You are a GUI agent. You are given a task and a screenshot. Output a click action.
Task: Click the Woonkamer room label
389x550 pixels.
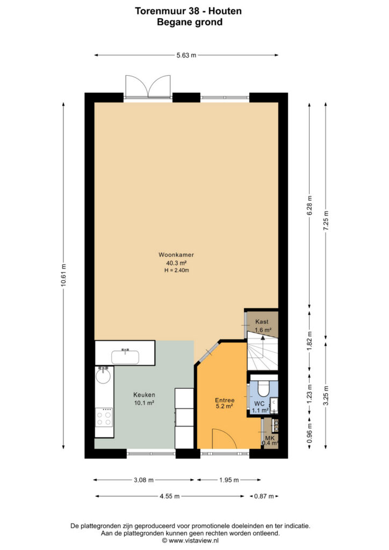176,255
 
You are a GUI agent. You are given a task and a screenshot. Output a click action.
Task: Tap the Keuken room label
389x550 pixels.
144,395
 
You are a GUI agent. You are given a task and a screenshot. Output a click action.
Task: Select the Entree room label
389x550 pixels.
225,400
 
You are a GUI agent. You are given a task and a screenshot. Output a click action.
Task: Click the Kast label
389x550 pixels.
262,321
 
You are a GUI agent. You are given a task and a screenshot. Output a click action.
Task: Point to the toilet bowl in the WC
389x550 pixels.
263,388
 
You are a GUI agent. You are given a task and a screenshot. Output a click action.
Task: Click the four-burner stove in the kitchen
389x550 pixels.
104,417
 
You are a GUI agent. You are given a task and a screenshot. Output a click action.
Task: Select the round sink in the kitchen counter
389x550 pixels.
103,375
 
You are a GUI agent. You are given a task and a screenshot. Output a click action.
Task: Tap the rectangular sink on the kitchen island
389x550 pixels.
125,357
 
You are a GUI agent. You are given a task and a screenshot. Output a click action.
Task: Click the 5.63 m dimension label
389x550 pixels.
186,55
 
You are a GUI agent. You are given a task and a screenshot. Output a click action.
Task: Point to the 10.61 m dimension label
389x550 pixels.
63,275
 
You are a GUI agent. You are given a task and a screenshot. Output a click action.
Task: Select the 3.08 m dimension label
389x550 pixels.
144,480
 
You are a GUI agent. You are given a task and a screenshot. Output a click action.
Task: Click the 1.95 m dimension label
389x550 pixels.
229,480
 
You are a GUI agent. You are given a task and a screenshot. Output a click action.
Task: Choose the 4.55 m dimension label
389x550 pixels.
170,496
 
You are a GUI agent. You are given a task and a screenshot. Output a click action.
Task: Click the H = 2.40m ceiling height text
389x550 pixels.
176,270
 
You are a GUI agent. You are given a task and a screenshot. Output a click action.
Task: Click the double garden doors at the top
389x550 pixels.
148,86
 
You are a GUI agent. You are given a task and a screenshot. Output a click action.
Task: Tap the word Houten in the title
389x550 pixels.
225,11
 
